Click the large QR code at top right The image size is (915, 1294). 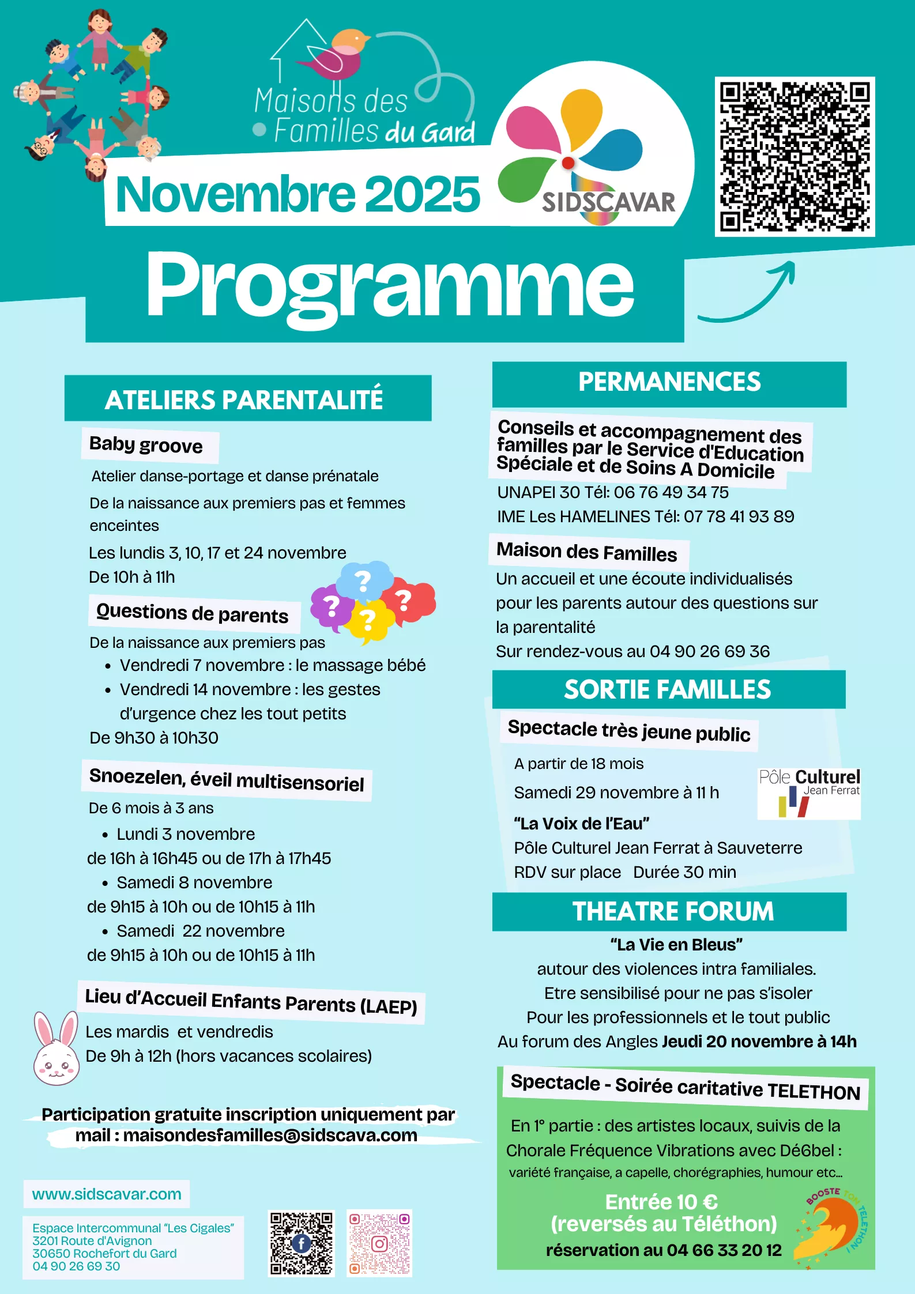(794, 157)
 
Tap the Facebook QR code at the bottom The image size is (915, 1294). (301, 1242)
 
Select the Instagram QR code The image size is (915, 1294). (379, 1242)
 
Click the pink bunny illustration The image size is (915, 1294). (56, 1049)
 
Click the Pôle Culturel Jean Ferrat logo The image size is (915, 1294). (809, 793)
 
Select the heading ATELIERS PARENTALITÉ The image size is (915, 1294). (244, 399)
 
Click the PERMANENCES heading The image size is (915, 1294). (669, 382)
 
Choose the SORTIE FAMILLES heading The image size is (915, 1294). (668, 690)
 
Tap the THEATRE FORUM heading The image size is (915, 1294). (673, 912)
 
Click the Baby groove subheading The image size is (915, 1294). (146, 446)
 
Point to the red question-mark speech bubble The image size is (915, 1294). (409, 601)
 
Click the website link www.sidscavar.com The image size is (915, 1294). (107, 1194)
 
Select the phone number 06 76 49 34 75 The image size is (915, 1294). (671, 492)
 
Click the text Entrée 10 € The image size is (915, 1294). (661, 1202)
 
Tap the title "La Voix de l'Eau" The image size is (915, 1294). (581, 824)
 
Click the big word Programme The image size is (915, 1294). (390, 285)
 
